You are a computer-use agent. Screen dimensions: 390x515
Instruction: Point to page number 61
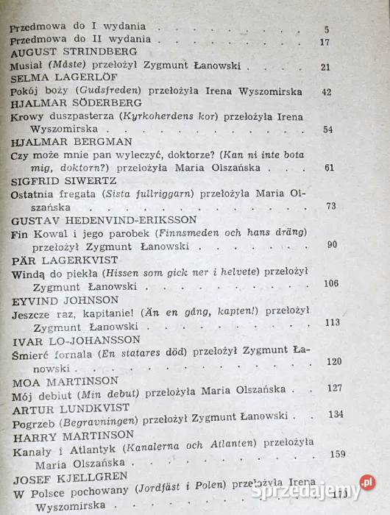328,168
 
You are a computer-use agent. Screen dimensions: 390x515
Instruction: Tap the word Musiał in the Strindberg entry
25,66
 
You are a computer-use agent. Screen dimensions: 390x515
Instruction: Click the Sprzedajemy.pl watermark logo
316,489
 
